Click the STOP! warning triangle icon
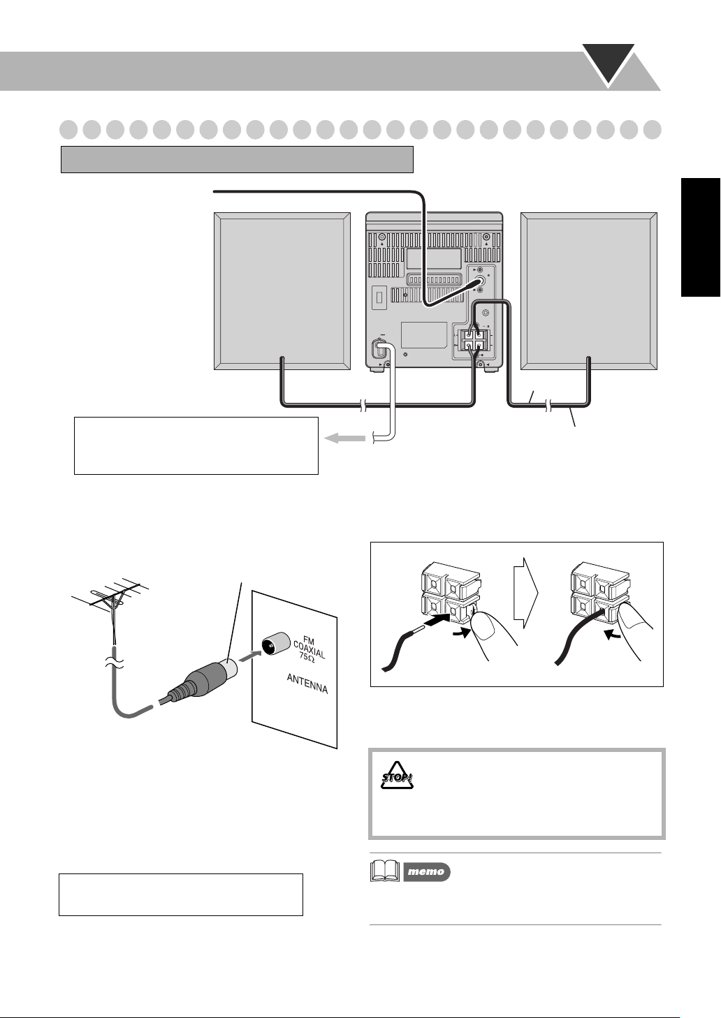[x=398, y=776]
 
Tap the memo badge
[x=427, y=871]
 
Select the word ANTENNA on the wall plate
[x=307, y=682]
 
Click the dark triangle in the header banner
[x=609, y=63]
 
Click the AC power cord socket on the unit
[x=380, y=346]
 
